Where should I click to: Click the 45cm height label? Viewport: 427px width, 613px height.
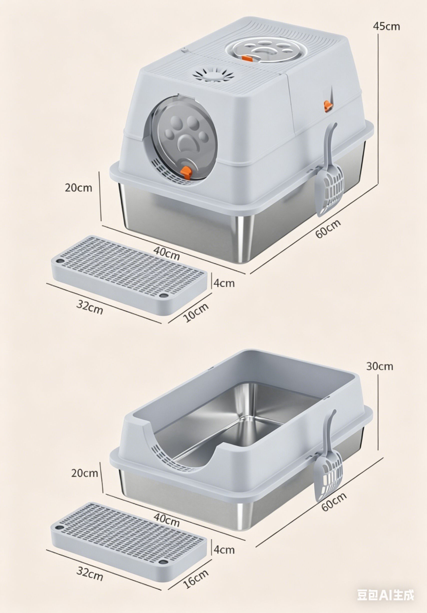[x=386, y=26]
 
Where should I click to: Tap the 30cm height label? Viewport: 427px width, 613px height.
[x=379, y=366]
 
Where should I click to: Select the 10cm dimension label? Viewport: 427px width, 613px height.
[x=196, y=313]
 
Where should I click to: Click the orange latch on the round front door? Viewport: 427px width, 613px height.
[x=186, y=171]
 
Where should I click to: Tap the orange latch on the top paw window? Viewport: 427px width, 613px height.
[x=246, y=58]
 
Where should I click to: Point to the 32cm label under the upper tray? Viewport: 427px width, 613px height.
[x=89, y=307]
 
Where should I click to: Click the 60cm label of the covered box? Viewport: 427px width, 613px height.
[x=328, y=229]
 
